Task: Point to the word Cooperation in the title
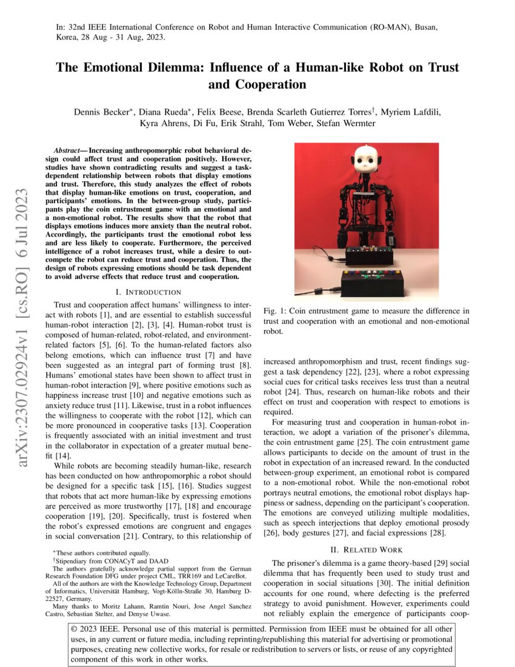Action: click(257, 84)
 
